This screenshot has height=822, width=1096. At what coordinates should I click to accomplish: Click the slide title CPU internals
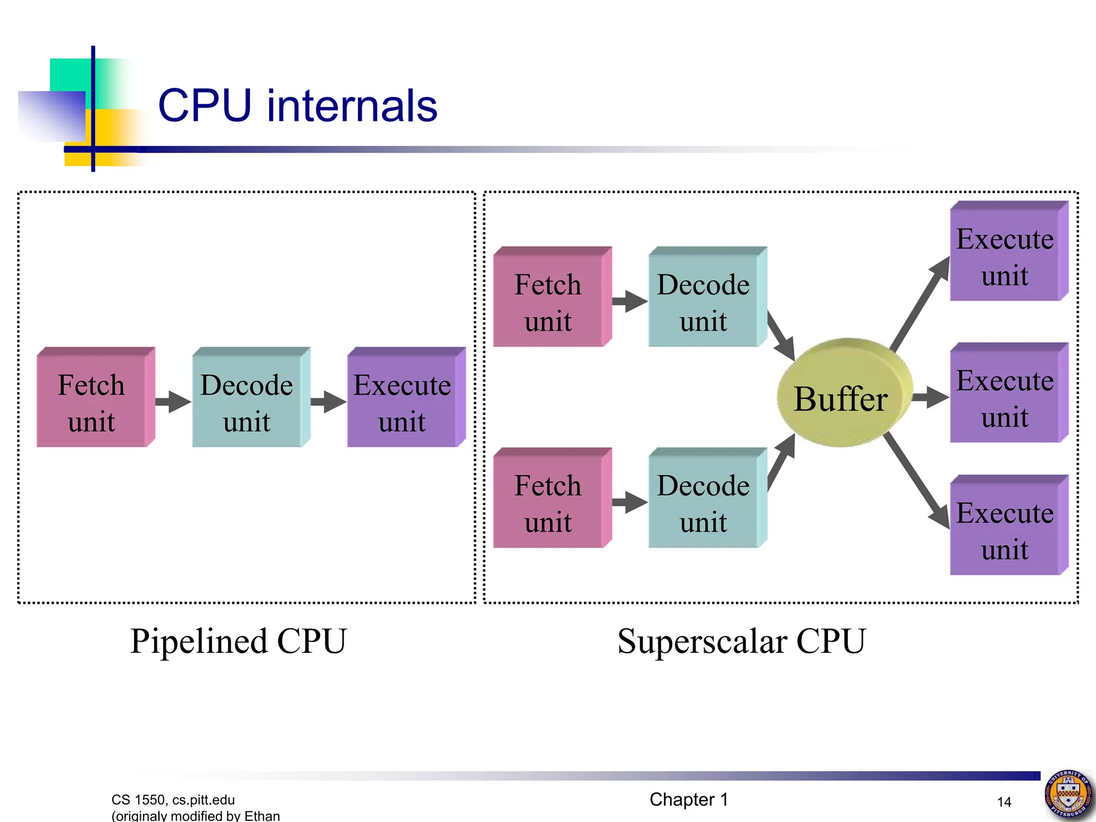click(x=298, y=106)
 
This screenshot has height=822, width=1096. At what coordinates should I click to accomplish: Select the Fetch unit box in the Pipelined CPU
click(x=92, y=401)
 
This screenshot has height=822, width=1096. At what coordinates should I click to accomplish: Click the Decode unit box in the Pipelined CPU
click(x=247, y=401)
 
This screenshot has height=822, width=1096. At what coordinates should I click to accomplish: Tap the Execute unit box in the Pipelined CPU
click(x=402, y=401)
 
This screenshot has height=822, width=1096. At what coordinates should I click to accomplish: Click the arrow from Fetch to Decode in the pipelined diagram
click(x=173, y=401)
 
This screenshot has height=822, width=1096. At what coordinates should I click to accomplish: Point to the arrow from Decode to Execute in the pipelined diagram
click(x=328, y=401)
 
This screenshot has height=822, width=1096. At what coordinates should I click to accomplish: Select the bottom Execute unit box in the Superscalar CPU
click(x=1005, y=530)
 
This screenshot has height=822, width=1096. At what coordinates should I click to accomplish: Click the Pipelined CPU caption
click(x=239, y=641)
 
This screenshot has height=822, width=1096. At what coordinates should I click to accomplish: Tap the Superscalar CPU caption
click(x=741, y=641)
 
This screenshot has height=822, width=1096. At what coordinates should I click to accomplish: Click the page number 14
click(x=1004, y=802)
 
